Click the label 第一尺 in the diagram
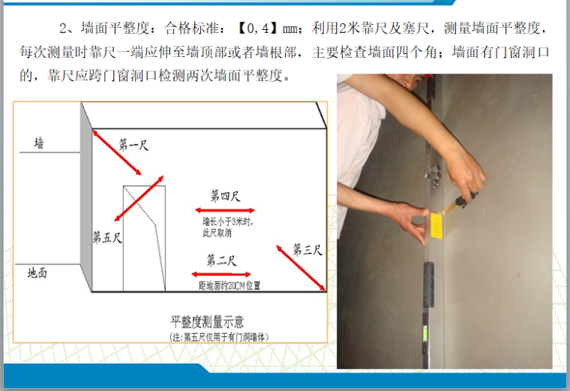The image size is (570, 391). [x=133, y=145]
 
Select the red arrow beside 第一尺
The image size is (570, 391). [x=117, y=152]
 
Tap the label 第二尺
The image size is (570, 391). [x=221, y=260]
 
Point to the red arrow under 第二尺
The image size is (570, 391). [x=221, y=274]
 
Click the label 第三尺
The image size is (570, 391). [x=307, y=249]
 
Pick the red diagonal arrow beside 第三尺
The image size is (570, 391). [x=301, y=268]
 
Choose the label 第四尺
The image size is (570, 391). [x=226, y=196]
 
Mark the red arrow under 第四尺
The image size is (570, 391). [x=225, y=210]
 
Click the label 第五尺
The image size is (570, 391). [x=107, y=237]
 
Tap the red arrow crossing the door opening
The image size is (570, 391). [x=139, y=198]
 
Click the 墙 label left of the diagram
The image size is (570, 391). [x=39, y=143]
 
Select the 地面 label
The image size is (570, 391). [x=37, y=272]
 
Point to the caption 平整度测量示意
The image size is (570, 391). [x=207, y=322]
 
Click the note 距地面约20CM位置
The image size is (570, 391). [x=229, y=286]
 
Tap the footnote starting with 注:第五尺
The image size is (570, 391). [x=219, y=337]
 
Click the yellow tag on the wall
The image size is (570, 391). [x=436, y=226]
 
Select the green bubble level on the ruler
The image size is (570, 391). [x=424, y=332]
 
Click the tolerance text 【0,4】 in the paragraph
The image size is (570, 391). [x=259, y=28]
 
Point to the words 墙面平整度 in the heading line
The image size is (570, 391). [x=115, y=28]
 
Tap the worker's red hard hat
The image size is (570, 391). [x=429, y=76]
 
